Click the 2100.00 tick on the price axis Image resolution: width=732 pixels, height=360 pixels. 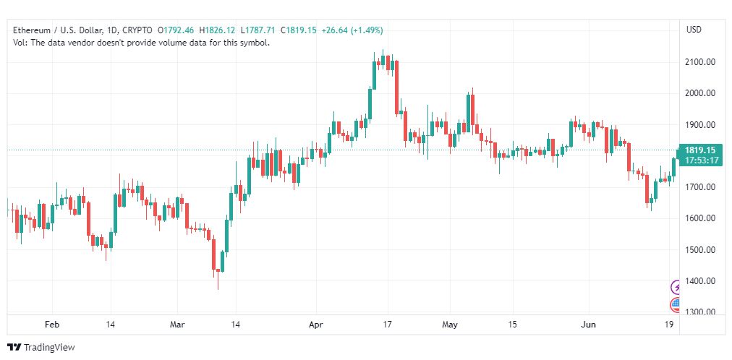pyautogui.click(x=700, y=62)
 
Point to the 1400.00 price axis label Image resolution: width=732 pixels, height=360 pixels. pyautogui.click(x=700, y=281)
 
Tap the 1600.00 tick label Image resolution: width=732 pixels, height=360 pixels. pyautogui.click(x=700, y=218)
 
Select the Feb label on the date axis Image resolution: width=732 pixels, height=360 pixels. pyautogui.click(x=52, y=325)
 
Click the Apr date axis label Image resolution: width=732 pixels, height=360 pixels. pyautogui.click(x=316, y=325)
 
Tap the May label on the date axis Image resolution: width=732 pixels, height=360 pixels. pyautogui.click(x=450, y=325)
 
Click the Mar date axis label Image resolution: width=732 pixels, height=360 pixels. pyautogui.click(x=178, y=325)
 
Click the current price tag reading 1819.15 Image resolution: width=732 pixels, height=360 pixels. pyautogui.click(x=701, y=150)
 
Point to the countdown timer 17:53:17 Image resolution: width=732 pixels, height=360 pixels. pyautogui.click(x=701, y=160)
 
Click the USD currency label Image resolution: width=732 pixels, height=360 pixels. pyautogui.click(x=694, y=30)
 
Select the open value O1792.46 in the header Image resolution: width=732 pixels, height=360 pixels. pyautogui.click(x=176, y=30)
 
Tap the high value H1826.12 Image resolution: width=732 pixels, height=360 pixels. pyautogui.click(x=216, y=30)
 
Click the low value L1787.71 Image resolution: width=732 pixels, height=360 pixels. pyautogui.click(x=258, y=30)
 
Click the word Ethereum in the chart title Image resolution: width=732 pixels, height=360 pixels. pyautogui.click(x=32, y=30)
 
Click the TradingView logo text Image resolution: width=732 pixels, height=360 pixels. pyautogui.click(x=49, y=348)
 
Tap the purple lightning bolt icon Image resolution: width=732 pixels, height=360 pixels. pyautogui.click(x=676, y=287)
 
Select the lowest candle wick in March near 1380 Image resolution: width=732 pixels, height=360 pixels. pyautogui.click(x=218, y=280)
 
